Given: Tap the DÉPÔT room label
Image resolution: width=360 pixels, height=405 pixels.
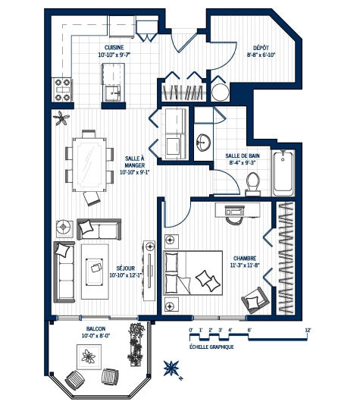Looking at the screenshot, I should pos(260,46).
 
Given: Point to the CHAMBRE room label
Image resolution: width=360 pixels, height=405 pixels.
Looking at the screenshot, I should pos(245,257).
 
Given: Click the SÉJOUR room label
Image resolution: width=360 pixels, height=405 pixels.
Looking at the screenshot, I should pos(127,268).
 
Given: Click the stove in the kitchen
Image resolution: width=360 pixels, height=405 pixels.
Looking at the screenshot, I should pos(61,89).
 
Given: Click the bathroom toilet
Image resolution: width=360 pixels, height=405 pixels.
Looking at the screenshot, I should pos(253,181).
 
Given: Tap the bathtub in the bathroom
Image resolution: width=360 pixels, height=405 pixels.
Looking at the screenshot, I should pos(286,171).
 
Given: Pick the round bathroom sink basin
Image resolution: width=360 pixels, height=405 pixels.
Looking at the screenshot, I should pos(203,142).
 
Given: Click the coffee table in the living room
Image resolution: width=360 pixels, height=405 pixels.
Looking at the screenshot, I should pos(96,265).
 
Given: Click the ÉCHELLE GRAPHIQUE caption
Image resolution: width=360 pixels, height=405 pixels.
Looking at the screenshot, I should pos(211,347).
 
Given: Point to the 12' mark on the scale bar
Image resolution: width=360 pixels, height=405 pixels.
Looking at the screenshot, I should pos(307,330).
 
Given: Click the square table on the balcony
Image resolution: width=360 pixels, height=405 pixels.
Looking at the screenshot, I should pos(89,354).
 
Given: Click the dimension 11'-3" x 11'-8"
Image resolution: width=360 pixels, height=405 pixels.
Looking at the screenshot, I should pos(245,265).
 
